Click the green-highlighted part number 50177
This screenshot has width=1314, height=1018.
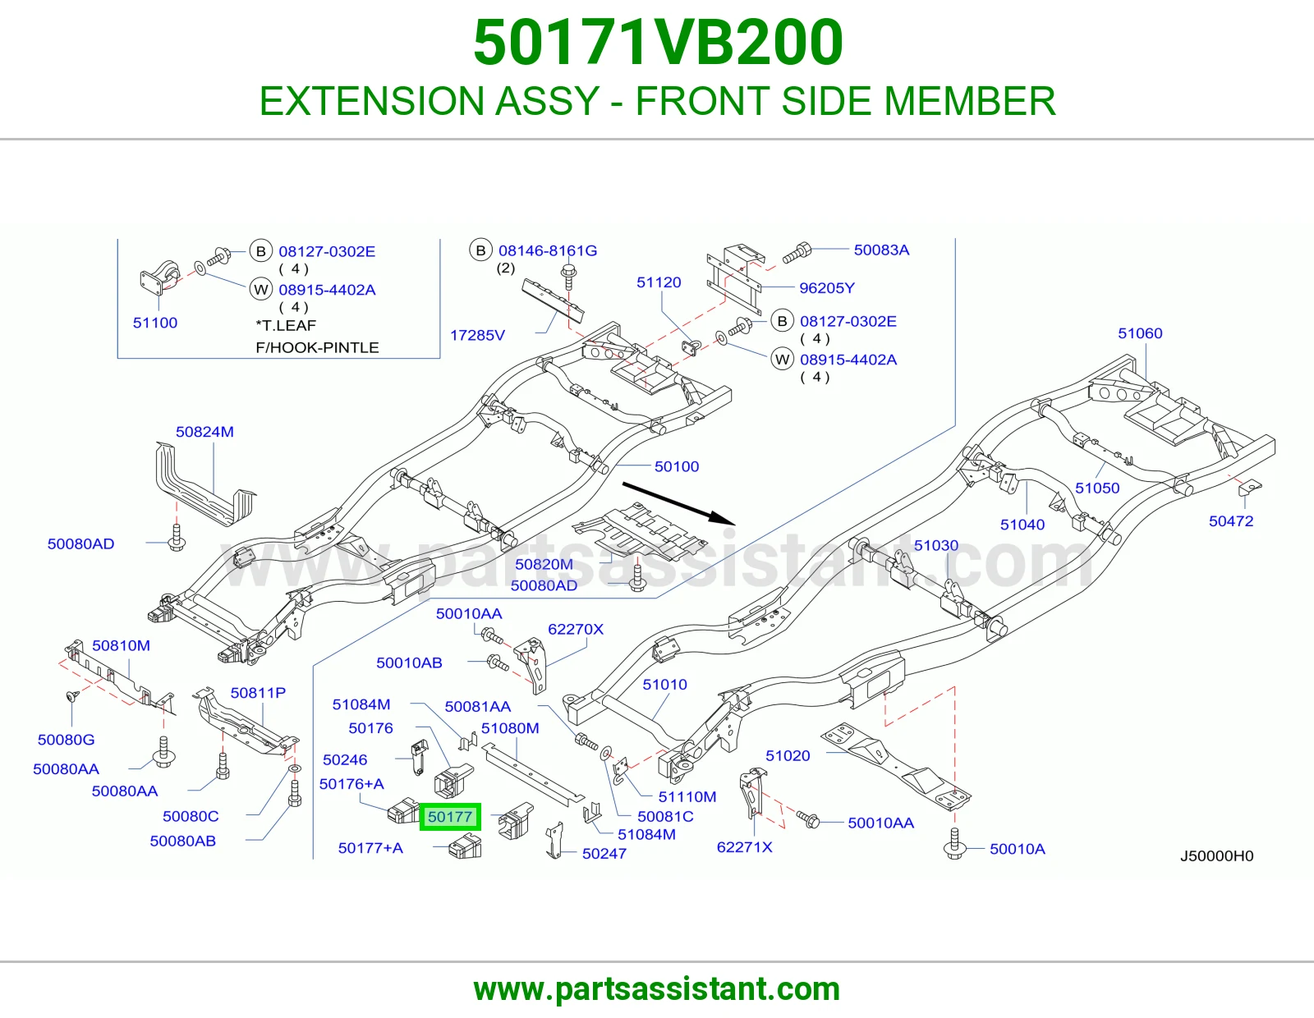(449, 817)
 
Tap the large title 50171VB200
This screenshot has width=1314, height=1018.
(658, 43)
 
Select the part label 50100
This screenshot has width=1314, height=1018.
(677, 466)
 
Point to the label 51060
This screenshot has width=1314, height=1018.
(1140, 333)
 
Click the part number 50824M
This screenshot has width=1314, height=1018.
(204, 432)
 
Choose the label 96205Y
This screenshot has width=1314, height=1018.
(827, 287)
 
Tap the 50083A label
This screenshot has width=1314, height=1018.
(881, 250)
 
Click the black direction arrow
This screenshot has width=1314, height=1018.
(678, 503)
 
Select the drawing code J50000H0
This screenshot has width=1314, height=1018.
(1216, 856)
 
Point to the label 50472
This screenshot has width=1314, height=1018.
(1230, 521)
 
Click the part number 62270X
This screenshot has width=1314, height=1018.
(575, 630)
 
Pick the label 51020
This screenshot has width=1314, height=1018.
(788, 755)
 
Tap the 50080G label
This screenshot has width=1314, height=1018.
(66, 740)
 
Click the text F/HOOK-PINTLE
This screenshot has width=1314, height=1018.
(317, 347)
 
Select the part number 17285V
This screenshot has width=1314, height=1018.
(477, 336)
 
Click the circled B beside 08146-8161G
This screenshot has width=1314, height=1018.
(480, 250)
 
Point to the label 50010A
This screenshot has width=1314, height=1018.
(1017, 849)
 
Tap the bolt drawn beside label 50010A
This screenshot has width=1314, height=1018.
(954, 842)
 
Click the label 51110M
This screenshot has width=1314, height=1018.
(687, 796)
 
